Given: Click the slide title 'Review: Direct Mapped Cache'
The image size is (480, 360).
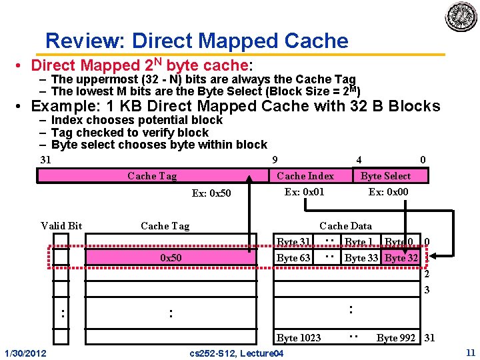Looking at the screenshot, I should point(197,41).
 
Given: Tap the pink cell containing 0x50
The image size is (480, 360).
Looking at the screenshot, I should point(171,257).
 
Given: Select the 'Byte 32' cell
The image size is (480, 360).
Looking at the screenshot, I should point(401,258).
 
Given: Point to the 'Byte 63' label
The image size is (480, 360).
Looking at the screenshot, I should point(294,258).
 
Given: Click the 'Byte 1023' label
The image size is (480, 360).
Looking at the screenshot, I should point(299,338).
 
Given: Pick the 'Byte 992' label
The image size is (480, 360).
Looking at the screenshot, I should point(397,338).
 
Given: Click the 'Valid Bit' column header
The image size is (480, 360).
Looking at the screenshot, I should point(61,226).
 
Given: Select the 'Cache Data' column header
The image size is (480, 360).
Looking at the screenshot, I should point(345,226).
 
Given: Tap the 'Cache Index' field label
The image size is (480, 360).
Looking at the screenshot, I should point(305,176).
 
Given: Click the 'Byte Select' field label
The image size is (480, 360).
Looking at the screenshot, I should point(385,176).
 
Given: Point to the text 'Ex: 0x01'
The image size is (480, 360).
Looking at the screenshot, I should point(305,192).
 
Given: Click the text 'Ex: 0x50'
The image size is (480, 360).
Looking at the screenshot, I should point(211,193).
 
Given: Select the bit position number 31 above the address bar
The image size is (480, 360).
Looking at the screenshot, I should point(45,159).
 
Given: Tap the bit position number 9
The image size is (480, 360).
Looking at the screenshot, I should point(275,159).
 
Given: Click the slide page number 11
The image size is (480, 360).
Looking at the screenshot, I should point(471,351).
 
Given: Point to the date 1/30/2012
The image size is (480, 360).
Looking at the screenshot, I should point(25,352).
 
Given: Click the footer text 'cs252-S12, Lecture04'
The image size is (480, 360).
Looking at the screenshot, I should point(237,352).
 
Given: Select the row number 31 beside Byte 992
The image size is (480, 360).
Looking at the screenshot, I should point(429,338).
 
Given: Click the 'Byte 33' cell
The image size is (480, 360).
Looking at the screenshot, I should point(362,258).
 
